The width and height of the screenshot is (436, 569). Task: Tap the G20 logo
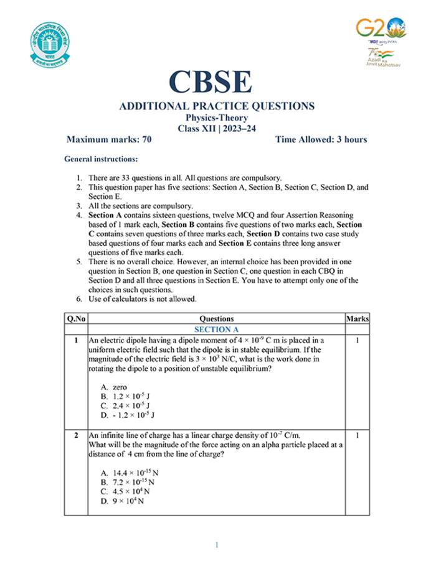pos(381,27)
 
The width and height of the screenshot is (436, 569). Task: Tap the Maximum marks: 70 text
pos(109,139)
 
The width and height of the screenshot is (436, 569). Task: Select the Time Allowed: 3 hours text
pos(321,139)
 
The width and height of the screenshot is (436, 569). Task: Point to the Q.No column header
pos(76,318)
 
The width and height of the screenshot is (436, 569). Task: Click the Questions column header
pos(216,318)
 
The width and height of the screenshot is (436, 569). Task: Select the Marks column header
pos(357,318)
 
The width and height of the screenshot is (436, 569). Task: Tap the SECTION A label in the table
pos(216,329)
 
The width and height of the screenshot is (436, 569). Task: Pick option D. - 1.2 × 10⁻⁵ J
pos(126,414)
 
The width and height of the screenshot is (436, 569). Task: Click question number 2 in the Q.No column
pos(76,436)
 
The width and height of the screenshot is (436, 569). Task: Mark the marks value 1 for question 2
pos(357,436)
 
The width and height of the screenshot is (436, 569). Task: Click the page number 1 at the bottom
pos(217,545)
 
